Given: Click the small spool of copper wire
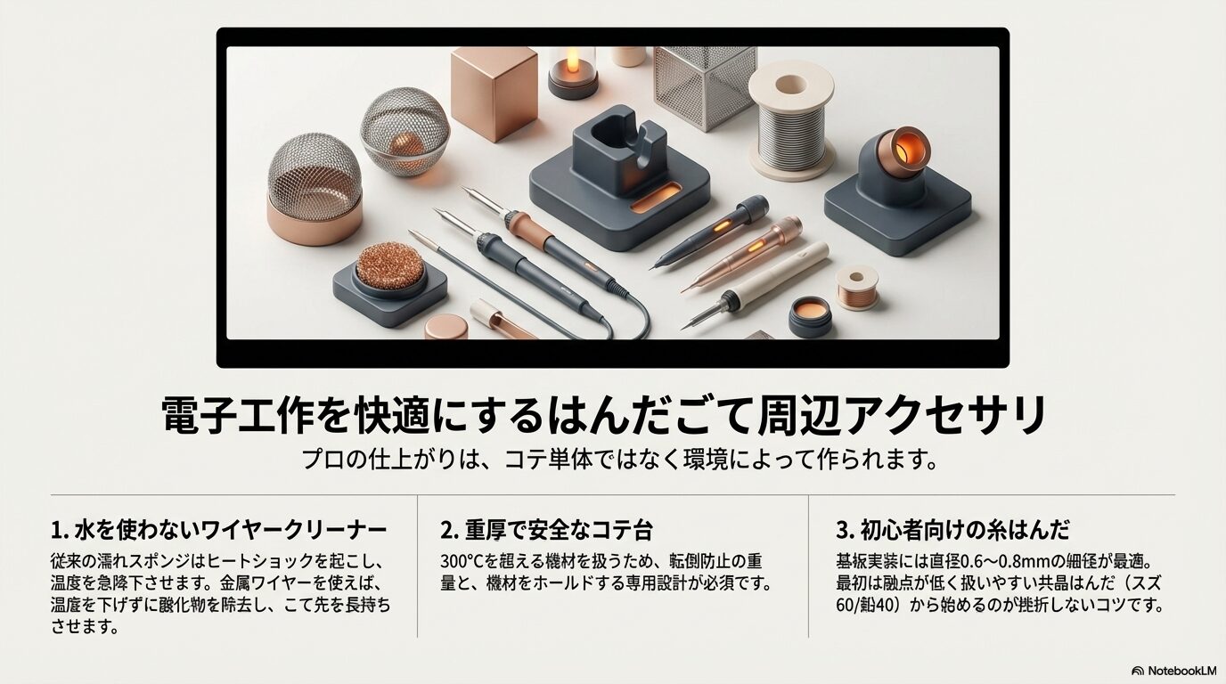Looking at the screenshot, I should pos(858,288).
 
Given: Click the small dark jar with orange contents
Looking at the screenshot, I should pos(810,315).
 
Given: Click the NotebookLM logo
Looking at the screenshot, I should pos(1173,671).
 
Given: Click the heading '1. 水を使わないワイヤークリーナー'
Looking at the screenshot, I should pos(219,530).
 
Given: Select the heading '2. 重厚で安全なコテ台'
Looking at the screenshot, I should pos(546,530).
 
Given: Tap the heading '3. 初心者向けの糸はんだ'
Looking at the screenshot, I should pos(952,530).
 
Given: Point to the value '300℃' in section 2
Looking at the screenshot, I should pos(462,562).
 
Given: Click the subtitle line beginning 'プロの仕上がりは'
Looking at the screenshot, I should pos(621,460).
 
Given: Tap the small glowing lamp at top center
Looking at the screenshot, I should pos(573,69).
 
